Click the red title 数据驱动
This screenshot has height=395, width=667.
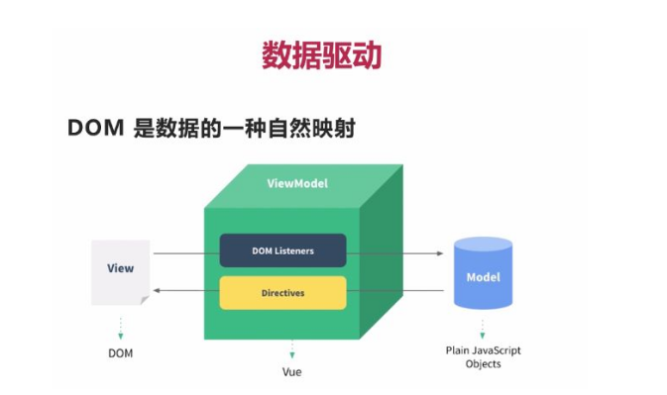point(321,54)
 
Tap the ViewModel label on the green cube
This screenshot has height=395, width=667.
point(297,184)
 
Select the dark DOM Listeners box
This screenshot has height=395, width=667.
point(282,251)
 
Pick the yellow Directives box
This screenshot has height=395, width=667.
point(282,293)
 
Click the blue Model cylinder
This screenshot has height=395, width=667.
point(484,274)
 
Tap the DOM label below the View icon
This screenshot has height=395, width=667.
point(120,352)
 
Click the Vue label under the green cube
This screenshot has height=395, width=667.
point(291,372)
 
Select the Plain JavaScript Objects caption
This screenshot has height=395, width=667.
point(484,357)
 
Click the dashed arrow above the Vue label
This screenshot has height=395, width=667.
point(291,349)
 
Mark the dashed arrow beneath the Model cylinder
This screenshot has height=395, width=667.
point(484,328)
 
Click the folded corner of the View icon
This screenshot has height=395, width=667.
point(145,299)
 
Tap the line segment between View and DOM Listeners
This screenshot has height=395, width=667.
point(185,253)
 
